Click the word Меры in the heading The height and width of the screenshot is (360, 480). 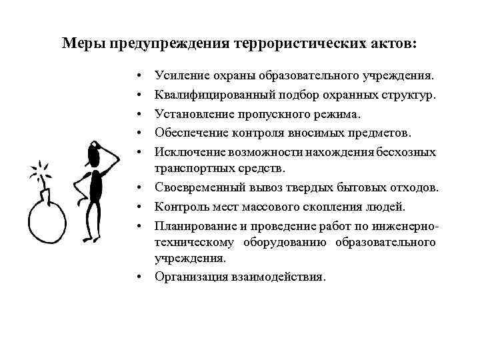79,43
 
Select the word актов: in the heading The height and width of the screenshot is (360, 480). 395,43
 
